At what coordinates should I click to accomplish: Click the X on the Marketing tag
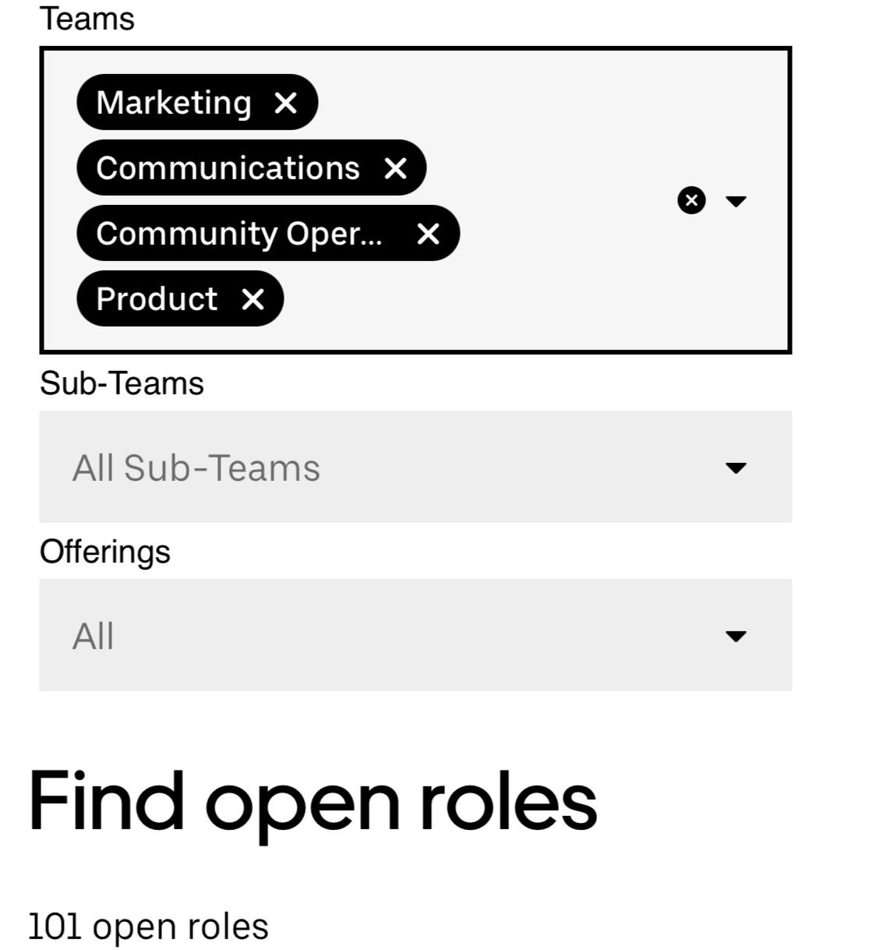(285, 103)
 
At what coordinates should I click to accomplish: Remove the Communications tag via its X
(395, 168)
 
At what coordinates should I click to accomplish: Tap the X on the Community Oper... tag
(428, 234)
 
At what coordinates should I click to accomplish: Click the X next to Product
(253, 299)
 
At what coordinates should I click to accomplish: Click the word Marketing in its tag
(174, 103)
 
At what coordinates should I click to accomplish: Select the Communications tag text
(228, 168)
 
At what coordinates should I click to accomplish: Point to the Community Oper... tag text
(239, 235)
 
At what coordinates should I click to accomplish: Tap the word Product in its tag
(157, 299)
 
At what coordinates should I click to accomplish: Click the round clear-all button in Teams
(691, 200)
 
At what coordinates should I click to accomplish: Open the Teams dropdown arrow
(736, 201)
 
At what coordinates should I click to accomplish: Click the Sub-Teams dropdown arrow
(736, 468)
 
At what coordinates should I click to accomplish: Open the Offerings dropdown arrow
(736, 636)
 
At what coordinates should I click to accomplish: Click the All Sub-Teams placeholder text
(196, 468)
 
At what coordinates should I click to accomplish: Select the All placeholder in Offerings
(94, 636)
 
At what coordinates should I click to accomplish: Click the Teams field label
(87, 19)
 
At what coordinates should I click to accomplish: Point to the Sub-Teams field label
(122, 383)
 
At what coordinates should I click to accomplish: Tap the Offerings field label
(104, 552)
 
